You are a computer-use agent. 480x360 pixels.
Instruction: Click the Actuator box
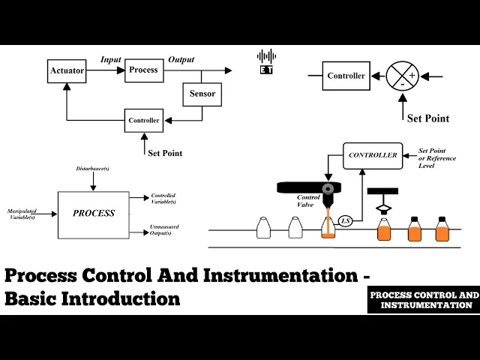[67, 70]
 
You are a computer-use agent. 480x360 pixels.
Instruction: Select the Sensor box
[202, 94]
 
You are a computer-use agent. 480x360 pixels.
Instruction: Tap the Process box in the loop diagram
[143, 70]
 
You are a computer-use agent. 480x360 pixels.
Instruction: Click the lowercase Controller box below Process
[143, 120]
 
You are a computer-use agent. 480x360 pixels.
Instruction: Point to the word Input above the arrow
[111, 59]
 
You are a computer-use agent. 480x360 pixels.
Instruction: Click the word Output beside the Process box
[181, 59]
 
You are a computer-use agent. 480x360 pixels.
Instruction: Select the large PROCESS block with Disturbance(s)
[94, 214]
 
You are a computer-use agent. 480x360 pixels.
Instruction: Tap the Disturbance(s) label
[93, 167]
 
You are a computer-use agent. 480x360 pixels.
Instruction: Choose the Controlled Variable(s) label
[163, 198]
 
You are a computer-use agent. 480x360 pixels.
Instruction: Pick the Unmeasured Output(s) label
[164, 230]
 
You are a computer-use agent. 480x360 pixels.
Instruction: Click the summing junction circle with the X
[402, 76]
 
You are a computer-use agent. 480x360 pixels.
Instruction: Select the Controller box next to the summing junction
[346, 76]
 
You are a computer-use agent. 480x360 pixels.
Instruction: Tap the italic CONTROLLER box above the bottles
[373, 155]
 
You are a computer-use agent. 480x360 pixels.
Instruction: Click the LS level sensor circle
[346, 220]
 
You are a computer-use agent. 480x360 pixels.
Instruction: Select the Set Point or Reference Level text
[438, 158]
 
